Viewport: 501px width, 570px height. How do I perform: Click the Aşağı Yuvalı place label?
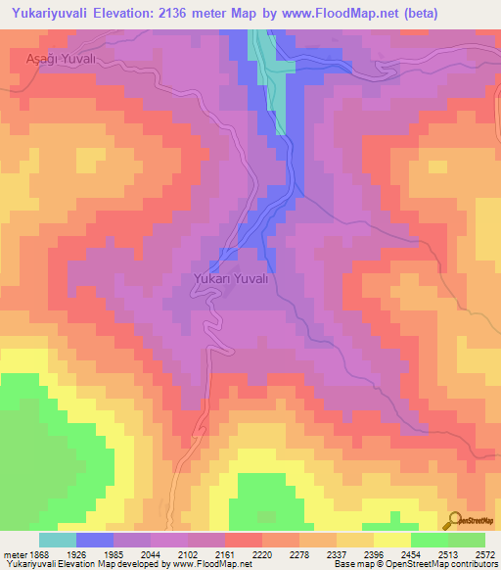click(58, 59)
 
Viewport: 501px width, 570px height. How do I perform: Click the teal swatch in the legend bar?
click(58, 540)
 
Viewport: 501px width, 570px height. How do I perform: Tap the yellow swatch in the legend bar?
click(391, 540)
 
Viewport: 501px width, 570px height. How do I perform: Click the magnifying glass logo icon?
click(454, 520)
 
